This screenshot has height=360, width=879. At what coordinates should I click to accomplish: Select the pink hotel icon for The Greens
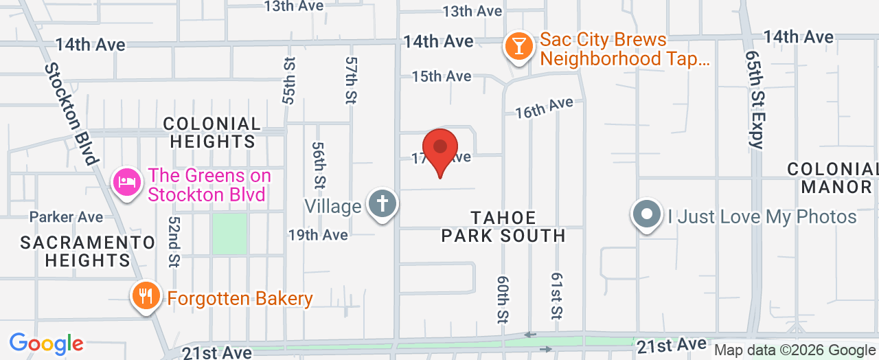tap(127, 183)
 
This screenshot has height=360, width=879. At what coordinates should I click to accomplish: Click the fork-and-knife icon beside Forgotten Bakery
tap(145, 297)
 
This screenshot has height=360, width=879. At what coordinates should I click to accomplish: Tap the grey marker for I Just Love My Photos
tap(646, 215)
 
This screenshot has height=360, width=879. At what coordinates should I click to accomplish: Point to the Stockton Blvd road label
tap(71, 113)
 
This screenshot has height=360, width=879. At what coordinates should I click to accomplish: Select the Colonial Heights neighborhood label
tap(212, 133)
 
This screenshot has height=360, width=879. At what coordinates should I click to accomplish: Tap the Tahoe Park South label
tap(503, 227)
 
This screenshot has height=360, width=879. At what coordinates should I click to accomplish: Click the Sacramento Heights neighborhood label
tap(87, 251)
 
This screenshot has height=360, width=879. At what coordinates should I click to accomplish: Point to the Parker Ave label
tap(66, 217)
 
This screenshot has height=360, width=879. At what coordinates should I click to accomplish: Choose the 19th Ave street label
tap(318, 235)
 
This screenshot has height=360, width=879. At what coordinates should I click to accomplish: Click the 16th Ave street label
tap(544, 107)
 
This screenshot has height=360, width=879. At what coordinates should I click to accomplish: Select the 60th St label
tap(502, 299)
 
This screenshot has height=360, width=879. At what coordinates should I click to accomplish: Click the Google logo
tap(46, 344)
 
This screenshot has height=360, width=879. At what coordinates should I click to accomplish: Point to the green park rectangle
tap(229, 234)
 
